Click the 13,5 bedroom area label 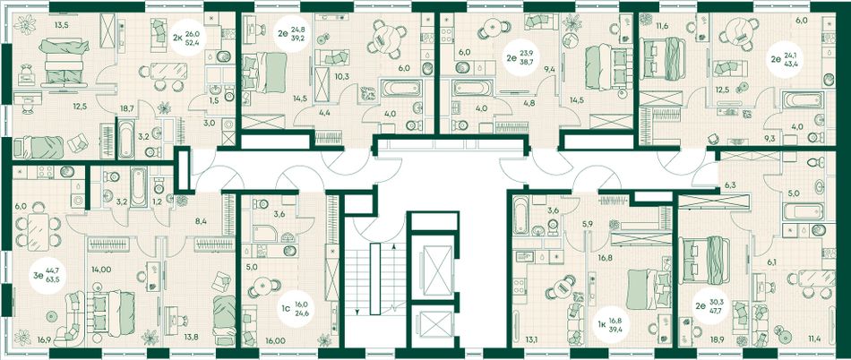point(61,23)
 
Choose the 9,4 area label point(549,69)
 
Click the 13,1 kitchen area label point(532,341)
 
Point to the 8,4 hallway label point(201,220)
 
